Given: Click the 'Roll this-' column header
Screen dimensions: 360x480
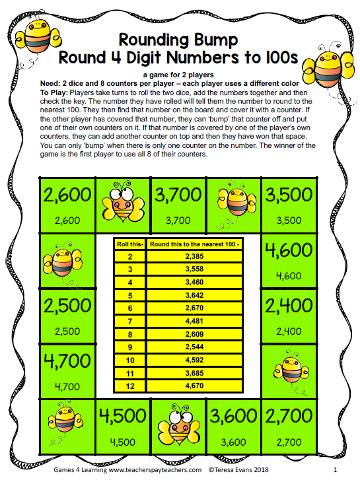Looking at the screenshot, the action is pos(131,244).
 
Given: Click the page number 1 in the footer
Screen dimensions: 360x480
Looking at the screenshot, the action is pos(336,470).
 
